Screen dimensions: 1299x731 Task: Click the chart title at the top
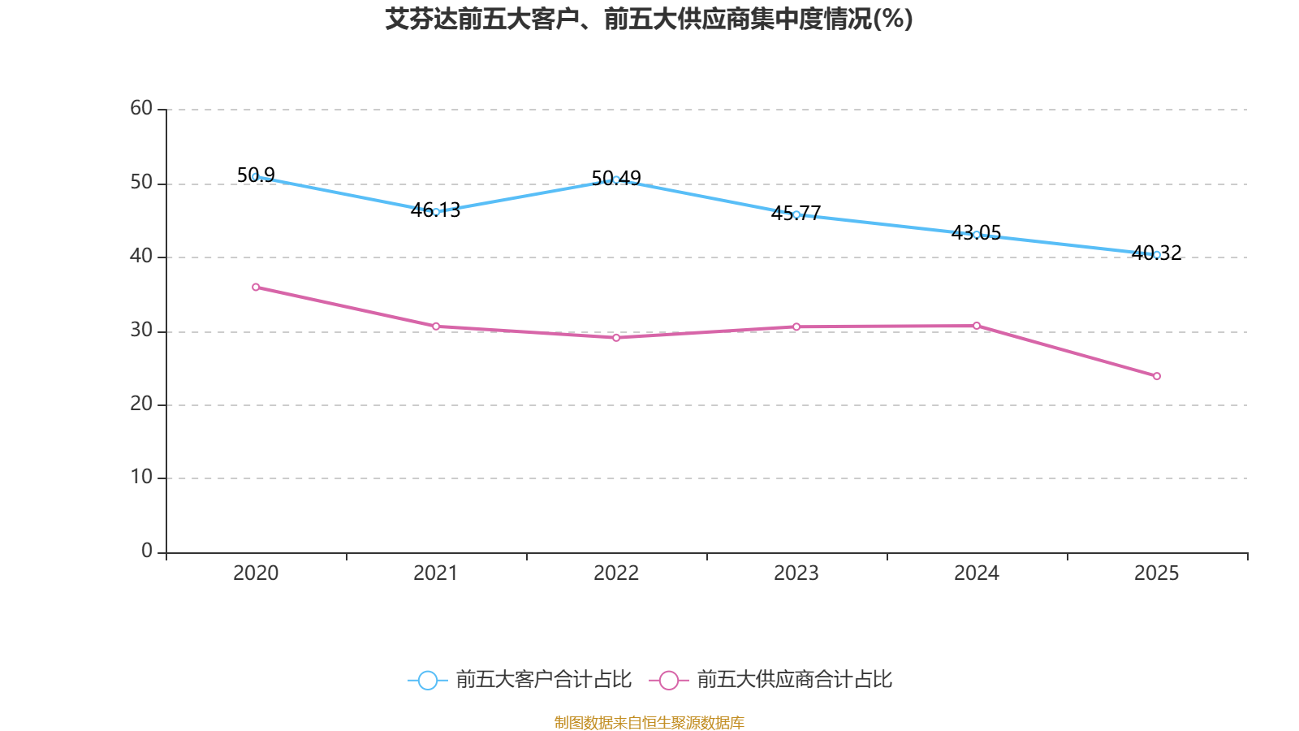click(x=649, y=19)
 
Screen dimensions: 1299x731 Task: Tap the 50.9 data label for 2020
click(x=256, y=175)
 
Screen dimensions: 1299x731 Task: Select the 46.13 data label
click(x=435, y=210)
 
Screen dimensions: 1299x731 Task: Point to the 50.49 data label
click(x=616, y=178)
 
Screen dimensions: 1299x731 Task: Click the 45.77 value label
click(x=796, y=213)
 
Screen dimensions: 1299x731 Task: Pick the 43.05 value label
click(x=977, y=232)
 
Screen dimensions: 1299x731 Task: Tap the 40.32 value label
click(x=1157, y=253)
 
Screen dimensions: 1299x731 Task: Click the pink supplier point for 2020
click(x=256, y=288)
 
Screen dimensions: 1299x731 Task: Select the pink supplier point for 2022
click(x=616, y=338)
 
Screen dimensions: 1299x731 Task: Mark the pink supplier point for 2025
click(x=1157, y=376)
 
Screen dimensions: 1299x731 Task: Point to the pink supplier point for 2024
click(x=977, y=326)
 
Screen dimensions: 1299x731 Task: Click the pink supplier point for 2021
click(x=435, y=326)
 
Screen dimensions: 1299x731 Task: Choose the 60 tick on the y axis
click(x=141, y=108)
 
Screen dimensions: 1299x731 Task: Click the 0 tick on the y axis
click(x=147, y=551)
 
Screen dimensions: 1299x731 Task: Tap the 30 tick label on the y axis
click(x=141, y=330)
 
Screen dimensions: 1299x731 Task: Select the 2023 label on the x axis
click(x=796, y=573)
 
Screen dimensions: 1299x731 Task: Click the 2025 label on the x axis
click(x=1157, y=573)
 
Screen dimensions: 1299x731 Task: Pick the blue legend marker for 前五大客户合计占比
click(x=428, y=680)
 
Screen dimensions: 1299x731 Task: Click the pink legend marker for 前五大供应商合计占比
click(x=669, y=680)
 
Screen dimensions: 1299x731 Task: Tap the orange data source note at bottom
click(x=649, y=722)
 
